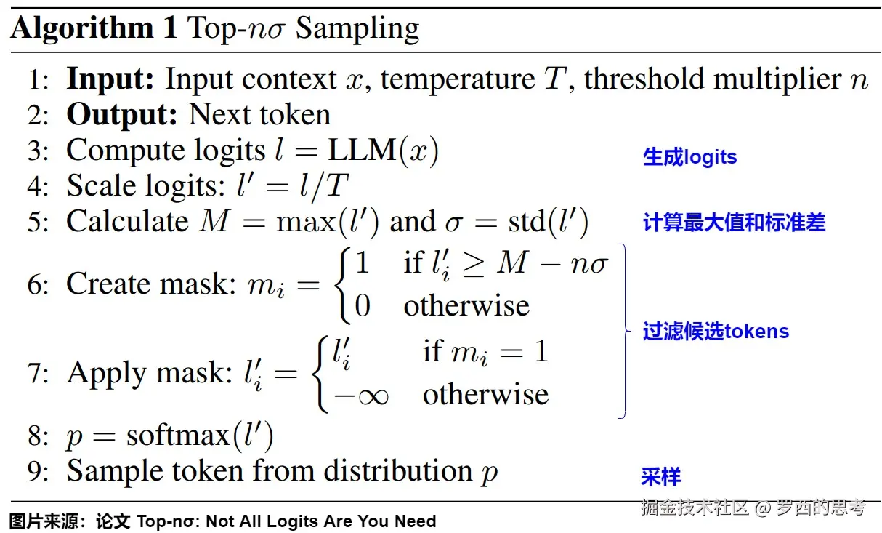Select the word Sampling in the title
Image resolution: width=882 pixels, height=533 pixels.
point(357,29)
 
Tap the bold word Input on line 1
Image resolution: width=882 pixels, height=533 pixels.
point(110,79)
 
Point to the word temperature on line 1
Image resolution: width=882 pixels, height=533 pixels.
point(457,79)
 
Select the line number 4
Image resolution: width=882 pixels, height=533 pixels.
point(37,186)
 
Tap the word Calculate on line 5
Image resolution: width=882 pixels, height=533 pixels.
point(127,222)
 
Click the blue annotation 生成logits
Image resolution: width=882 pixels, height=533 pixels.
point(689,157)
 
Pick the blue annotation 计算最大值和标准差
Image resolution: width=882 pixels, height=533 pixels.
point(734,223)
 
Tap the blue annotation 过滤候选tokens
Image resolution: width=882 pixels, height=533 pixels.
point(716,332)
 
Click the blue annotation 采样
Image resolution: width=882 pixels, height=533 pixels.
point(660,477)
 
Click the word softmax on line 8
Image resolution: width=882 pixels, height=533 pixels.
point(178,436)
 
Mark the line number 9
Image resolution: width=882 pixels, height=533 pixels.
point(37,471)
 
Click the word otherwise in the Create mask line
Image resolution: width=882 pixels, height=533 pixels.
point(466,305)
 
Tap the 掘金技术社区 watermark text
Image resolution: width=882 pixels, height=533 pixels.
point(694,507)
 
